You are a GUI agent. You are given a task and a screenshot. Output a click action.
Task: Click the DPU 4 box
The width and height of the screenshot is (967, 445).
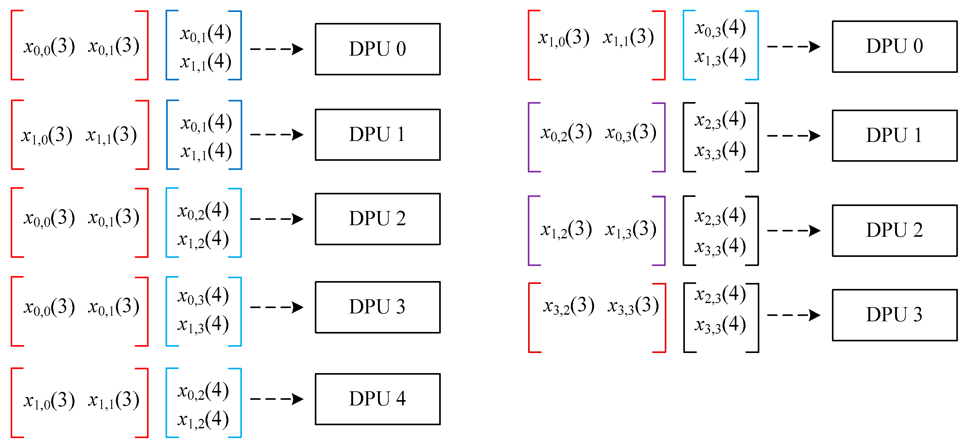point(377,399)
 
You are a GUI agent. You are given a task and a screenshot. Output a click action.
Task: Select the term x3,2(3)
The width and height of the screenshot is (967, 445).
point(568,306)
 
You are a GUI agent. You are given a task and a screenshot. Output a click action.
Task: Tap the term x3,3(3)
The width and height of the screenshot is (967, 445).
point(633,306)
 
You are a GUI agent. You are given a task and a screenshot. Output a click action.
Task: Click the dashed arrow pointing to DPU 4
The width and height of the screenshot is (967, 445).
point(277,399)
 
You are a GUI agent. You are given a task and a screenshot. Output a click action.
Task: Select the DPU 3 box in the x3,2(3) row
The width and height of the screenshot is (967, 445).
point(894,315)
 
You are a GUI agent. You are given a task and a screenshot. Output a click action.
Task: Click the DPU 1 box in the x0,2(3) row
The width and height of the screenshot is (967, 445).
point(894,135)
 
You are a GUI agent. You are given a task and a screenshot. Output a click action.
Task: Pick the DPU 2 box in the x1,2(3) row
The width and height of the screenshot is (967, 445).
point(894,231)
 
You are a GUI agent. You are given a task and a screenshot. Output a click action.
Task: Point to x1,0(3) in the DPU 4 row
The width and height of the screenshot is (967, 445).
point(49,400)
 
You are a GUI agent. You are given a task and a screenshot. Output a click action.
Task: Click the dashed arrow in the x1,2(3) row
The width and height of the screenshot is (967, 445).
point(793,231)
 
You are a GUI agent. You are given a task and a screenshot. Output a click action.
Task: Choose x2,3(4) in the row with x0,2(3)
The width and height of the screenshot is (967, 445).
point(720,120)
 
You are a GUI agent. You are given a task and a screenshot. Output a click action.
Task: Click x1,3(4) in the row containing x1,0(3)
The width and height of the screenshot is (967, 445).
point(720,57)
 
